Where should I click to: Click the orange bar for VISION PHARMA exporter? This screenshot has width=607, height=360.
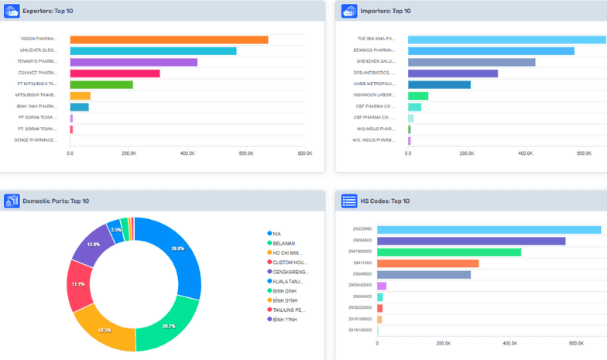[x=169, y=39]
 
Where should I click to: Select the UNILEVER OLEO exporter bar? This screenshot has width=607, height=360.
[x=153, y=51]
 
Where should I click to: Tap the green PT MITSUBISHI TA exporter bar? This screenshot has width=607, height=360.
[x=101, y=84]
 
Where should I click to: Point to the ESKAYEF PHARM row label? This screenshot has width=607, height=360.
[x=38, y=74]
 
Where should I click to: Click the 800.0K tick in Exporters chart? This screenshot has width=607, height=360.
[x=304, y=153]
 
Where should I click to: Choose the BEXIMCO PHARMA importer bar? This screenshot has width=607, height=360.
[x=491, y=51]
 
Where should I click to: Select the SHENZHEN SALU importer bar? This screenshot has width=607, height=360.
[x=472, y=62]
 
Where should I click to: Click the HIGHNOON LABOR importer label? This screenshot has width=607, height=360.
[x=375, y=95]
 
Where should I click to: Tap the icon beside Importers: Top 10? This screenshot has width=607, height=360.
[x=348, y=11]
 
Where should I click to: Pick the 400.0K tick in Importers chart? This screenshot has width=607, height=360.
[x=526, y=153]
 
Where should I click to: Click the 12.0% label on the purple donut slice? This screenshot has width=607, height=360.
[x=93, y=245]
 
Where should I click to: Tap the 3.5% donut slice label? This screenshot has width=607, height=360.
[x=116, y=230]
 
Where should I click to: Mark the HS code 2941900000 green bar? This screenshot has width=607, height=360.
[x=449, y=252]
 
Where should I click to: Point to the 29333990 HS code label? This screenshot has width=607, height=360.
[x=362, y=229]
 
